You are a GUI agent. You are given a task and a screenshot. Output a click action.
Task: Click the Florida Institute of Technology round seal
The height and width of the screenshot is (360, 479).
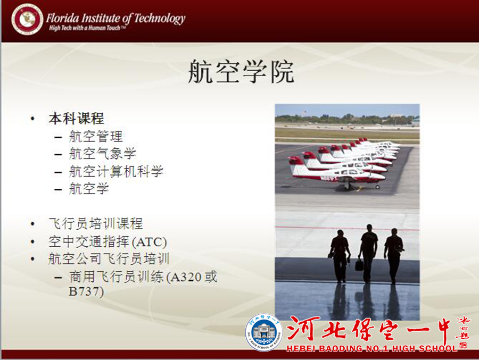click(x=27, y=19)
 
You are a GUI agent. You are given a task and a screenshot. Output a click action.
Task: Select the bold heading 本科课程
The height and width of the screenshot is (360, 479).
click(x=76, y=119)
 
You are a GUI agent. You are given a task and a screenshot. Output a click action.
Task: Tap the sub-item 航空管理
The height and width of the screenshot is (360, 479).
click(x=96, y=136)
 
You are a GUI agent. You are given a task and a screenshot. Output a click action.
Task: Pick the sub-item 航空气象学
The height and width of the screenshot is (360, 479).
click(x=103, y=154)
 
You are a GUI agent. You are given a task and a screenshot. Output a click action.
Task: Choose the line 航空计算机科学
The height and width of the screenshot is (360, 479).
click(x=116, y=171)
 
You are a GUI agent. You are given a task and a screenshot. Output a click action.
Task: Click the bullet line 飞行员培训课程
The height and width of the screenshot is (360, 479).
click(x=96, y=223)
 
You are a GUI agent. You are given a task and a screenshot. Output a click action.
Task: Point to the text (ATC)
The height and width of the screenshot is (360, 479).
click(x=150, y=242)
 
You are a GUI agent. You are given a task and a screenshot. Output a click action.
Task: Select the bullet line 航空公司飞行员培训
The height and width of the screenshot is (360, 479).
click(x=109, y=259)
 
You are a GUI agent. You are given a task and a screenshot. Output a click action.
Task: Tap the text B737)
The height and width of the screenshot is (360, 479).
click(x=86, y=291)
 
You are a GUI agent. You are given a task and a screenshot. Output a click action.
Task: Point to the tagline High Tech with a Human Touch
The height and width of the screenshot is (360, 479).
click(x=87, y=28)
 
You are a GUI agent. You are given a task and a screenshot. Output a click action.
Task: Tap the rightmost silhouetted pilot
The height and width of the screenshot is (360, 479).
click(x=394, y=255)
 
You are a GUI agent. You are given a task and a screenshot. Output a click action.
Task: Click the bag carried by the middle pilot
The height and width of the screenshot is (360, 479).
click(x=359, y=264)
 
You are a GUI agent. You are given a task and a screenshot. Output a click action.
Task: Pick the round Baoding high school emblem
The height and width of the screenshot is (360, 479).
click(x=263, y=332)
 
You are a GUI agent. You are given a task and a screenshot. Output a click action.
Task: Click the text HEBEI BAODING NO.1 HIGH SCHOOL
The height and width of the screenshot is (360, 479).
click(x=371, y=348)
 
